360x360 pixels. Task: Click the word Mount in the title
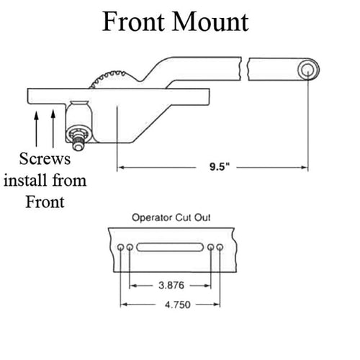[210, 22]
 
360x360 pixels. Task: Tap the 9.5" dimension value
[220, 166]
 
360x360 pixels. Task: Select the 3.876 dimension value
[171, 285]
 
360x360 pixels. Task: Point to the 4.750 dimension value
[178, 305]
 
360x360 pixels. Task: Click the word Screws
[45, 159]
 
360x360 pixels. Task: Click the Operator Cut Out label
[171, 217]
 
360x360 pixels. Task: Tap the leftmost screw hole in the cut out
[120, 247]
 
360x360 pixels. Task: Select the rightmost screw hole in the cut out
[220, 247]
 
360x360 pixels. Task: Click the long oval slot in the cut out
[170, 247]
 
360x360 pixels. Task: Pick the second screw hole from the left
[130, 247]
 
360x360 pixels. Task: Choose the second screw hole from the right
[211, 247]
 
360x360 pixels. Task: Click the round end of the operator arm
[308, 70]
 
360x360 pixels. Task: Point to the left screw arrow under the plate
[37, 129]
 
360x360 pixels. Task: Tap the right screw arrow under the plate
[53, 129]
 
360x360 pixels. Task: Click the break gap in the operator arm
[245, 69]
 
